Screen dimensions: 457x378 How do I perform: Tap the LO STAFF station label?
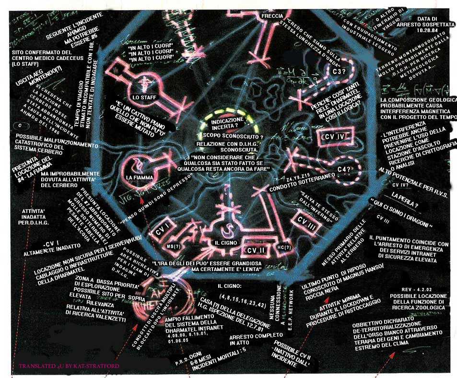tap(143, 97)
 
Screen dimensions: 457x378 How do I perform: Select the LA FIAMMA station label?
tap(139, 177)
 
